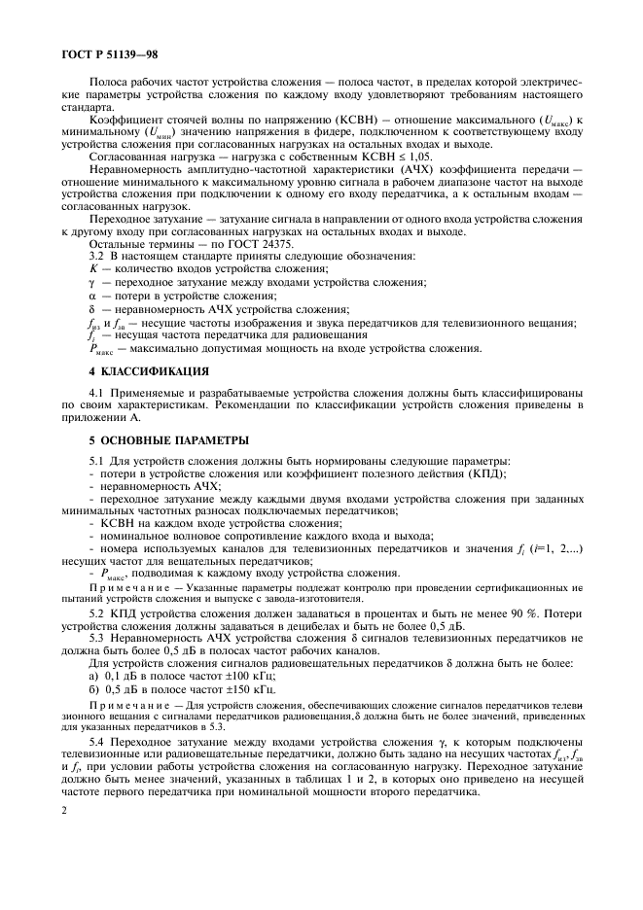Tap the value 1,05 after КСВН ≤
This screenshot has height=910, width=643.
point(419,155)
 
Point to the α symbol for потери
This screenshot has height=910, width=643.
point(93,296)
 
